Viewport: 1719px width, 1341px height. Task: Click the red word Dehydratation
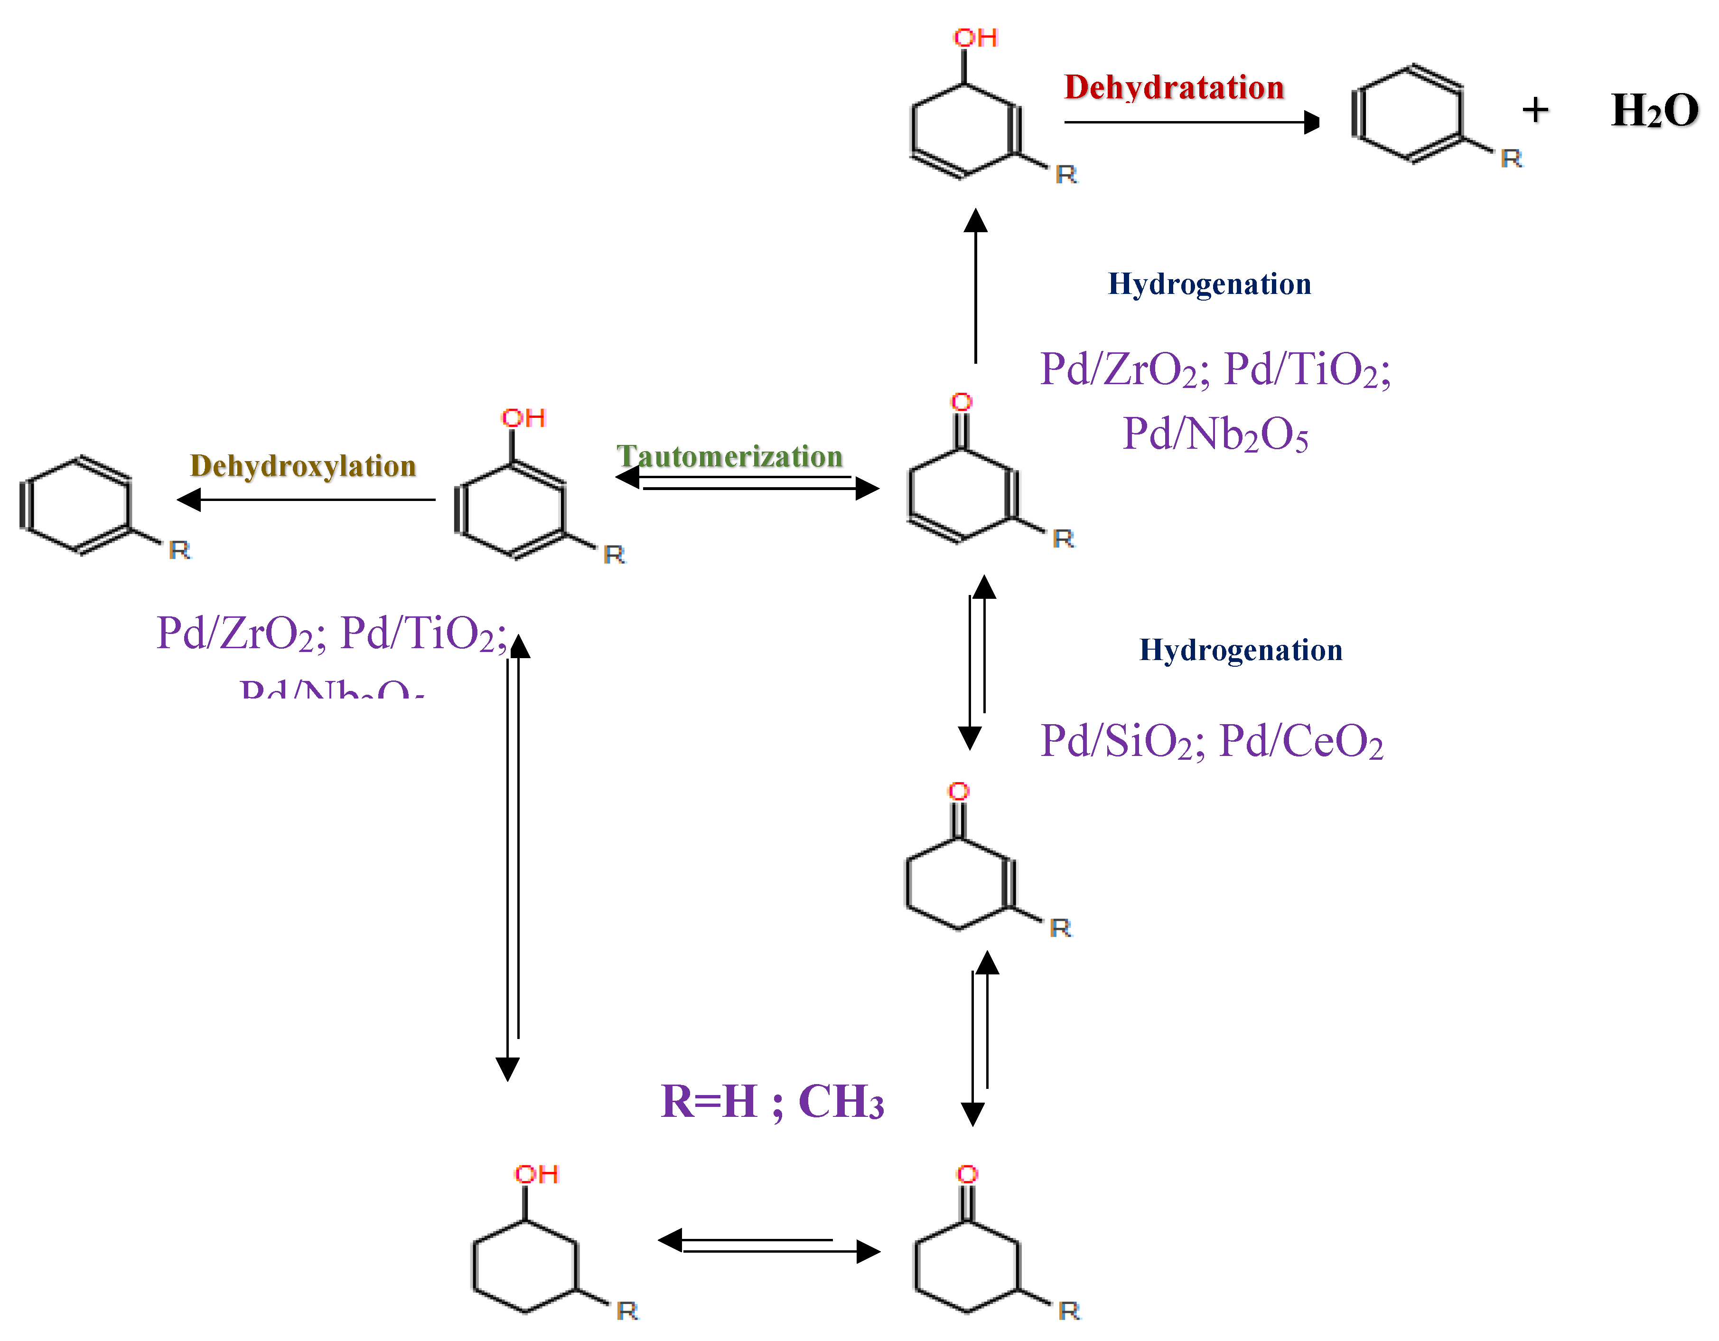tap(1174, 87)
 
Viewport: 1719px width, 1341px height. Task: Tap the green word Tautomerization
tap(729, 457)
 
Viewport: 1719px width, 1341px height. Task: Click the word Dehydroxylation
tap(303, 466)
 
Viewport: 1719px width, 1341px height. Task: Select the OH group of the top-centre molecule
tap(975, 38)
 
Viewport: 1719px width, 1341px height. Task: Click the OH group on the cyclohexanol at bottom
tap(536, 1175)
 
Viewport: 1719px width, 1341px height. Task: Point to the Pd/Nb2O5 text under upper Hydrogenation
tap(1215, 434)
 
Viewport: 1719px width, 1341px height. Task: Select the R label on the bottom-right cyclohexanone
tap(1069, 1311)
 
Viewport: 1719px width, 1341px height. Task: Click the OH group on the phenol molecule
tap(523, 418)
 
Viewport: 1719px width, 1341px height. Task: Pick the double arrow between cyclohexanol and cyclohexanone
tap(769, 1246)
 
